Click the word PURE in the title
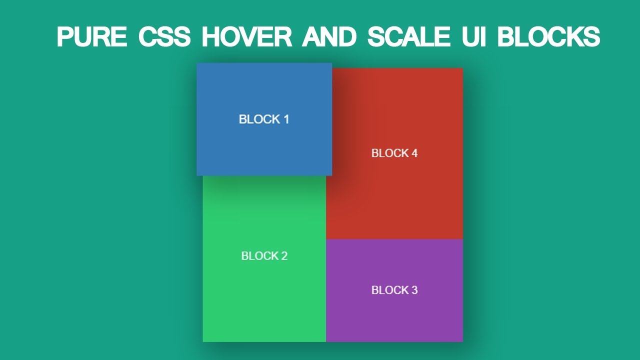pos(91,36)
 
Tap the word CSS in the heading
pos(164,36)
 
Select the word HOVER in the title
pos(247,36)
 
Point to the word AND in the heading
pos(329,36)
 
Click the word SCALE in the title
pos(409,36)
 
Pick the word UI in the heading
pos(473,36)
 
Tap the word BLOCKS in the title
pos(548,36)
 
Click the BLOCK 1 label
pos(264,119)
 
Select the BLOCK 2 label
pos(264,255)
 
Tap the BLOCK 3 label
pos(394,290)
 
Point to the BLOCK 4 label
pos(394,153)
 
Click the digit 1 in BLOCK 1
pos(286,119)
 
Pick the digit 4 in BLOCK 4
pos(414,153)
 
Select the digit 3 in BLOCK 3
pos(414,290)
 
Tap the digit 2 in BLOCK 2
pos(284,255)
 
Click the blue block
pos(264,119)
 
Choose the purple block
pos(394,290)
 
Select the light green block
pos(264,259)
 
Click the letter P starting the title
pos(64,36)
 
